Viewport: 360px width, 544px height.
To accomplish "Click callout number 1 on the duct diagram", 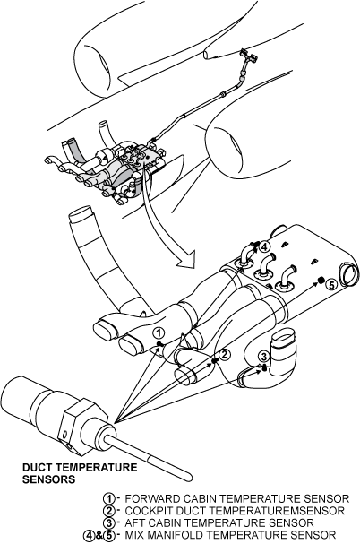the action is (x=159, y=333).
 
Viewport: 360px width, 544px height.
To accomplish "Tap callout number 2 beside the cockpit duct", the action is (x=225, y=355).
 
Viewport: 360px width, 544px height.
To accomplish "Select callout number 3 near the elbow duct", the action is (x=264, y=357).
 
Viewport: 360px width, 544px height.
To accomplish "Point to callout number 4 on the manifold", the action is (x=264, y=247).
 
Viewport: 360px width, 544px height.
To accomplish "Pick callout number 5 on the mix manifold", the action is (x=331, y=285).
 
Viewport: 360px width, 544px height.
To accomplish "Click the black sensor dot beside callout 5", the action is (x=321, y=280).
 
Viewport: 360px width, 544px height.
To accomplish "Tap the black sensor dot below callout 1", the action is (x=160, y=344).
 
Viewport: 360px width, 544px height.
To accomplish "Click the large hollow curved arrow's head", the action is (x=185, y=260).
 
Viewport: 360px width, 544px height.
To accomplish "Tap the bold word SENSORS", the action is (x=49, y=479).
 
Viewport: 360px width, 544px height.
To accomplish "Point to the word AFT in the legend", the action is (x=133, y=522).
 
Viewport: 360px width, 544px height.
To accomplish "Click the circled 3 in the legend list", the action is (x=109, y=522).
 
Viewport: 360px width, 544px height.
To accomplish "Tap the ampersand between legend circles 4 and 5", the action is (x=99, y=535).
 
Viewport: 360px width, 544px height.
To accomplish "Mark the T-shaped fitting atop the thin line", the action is (x=249, y=56).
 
